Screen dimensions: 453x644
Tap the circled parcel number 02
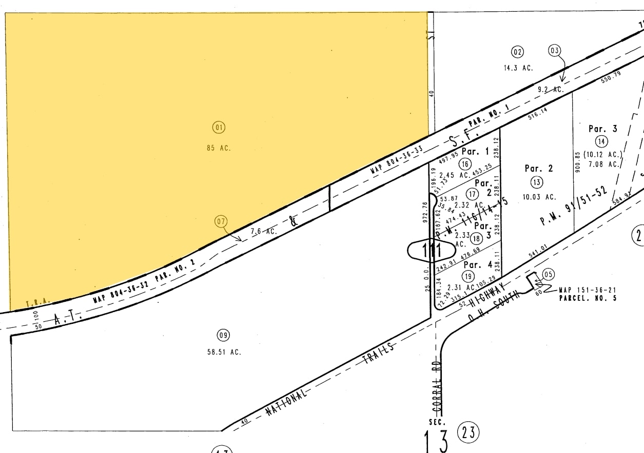click(x=517, y=51)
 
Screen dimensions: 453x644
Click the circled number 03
click(x=555, y=50)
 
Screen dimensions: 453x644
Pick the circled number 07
click(x=221, y=222)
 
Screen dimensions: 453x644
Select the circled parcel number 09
click(x=223, y=336)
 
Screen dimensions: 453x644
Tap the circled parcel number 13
click(x=537, y=182)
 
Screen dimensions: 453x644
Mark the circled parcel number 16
click(x=465, y=164)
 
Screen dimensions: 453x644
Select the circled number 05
click(x=549, y=274)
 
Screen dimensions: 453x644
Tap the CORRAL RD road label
click(x=437, y=396)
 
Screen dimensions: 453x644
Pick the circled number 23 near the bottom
click(x=468, y=433)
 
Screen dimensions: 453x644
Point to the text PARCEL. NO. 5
click(x=588, y=298)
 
